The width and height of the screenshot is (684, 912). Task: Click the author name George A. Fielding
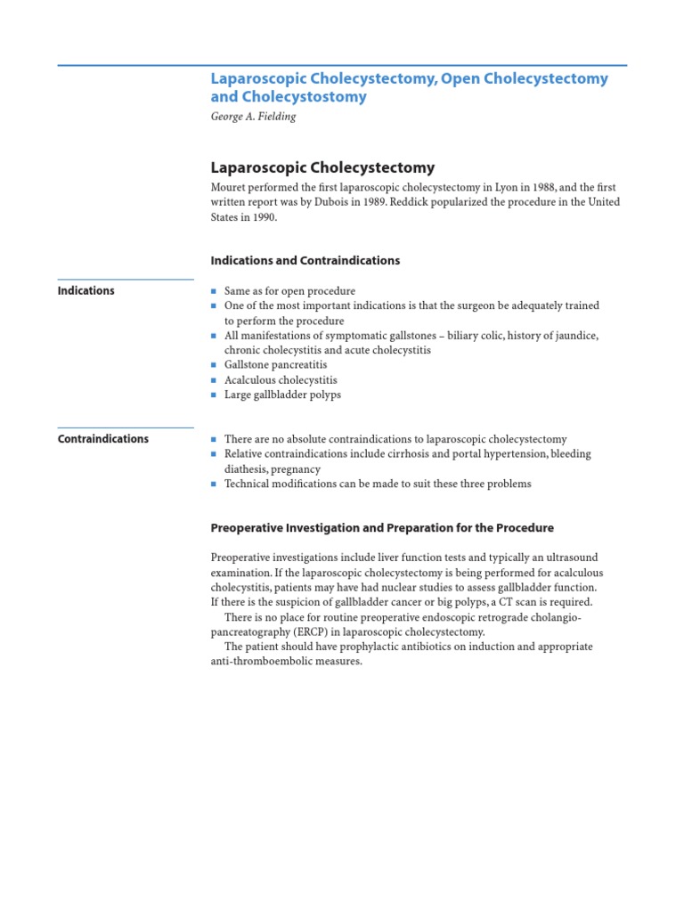pos(253,117)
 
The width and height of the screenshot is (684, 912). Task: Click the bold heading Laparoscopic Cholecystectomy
pos(322,167)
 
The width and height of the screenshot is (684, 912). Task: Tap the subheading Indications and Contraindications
pos(305,261)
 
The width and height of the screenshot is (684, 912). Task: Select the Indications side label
pos(85,290)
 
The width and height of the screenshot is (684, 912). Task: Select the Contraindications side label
pos(103,439)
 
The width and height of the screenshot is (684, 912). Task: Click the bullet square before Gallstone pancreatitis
pos(214,365)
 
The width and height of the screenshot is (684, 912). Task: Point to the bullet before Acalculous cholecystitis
pos(214,380)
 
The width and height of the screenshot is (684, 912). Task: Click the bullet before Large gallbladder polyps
pos(214,395)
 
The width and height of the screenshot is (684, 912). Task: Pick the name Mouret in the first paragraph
pos(230,187)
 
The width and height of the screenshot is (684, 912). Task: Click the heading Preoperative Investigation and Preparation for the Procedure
pos(382,528)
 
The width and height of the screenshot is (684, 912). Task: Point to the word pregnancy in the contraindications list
pos(296,469)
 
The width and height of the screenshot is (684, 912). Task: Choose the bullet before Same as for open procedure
pos(214,291)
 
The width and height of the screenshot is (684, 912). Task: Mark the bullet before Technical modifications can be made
pos(214,484)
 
